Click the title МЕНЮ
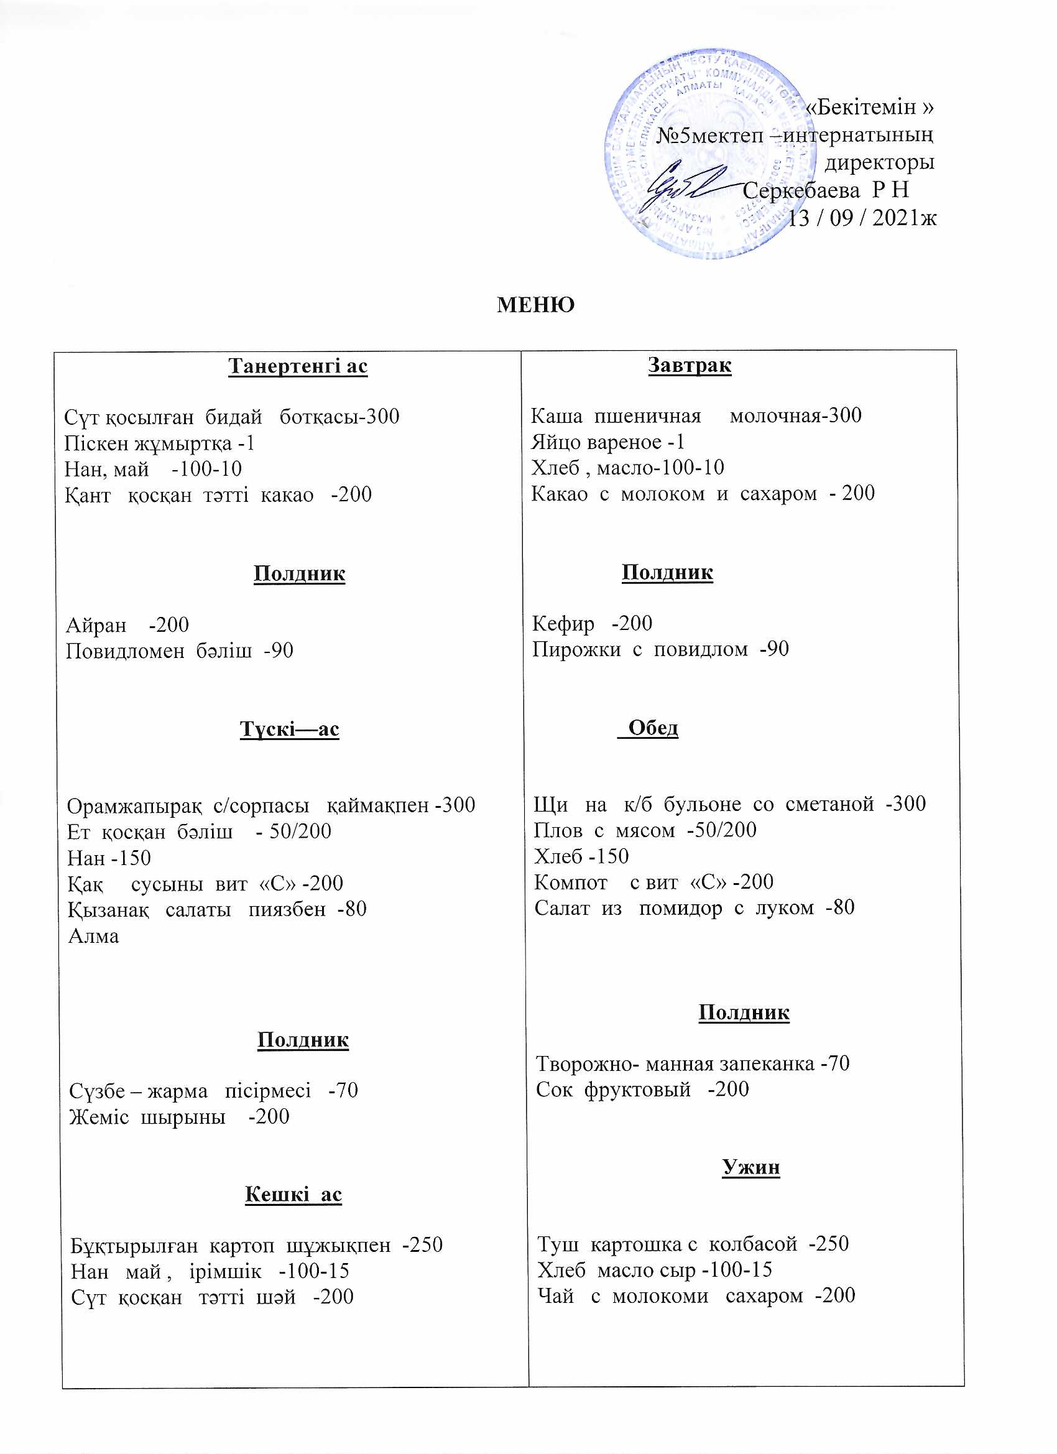(535, 305)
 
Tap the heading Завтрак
(689, 365)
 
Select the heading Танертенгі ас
(297, 366)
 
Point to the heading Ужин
(750, 1167)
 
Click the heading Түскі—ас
(289, 729)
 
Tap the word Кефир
(563, 623)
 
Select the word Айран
(96, 625)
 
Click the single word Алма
(94, 937)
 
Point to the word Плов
(558, 830)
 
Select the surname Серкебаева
(801, 190)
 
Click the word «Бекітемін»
(869, 107)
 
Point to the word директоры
(879, 162)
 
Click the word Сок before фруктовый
(554, 1089)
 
